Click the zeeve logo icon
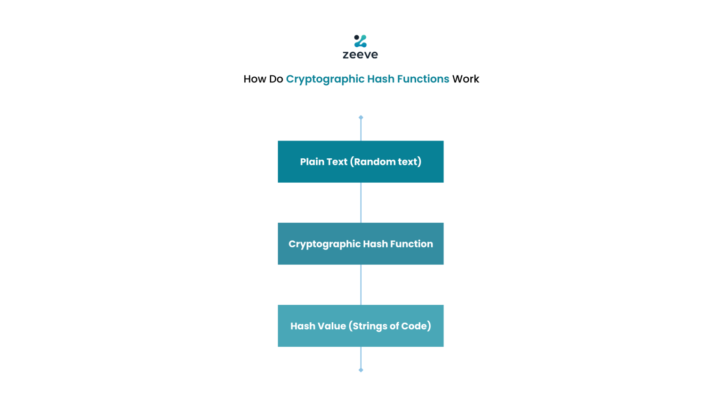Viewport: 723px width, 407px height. (361, 41)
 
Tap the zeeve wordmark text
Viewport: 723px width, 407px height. (361, 55)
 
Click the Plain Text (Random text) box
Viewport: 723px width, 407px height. (361, 162)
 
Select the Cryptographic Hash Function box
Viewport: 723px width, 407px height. (361, 244)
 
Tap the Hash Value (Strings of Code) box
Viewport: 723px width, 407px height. (361, 326)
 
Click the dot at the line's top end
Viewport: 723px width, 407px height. (361, 117)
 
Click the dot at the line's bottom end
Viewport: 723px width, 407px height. (361, 370)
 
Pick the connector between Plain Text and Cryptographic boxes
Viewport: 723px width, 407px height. (361, 203)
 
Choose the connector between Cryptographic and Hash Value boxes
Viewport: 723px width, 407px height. (361, 285)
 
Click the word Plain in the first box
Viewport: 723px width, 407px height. (312, 162)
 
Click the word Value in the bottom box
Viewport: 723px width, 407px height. (332, 326)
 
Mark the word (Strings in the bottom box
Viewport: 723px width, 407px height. (369, 326)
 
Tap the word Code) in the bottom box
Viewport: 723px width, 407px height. (417, 326)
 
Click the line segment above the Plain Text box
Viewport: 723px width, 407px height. (361, 130)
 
